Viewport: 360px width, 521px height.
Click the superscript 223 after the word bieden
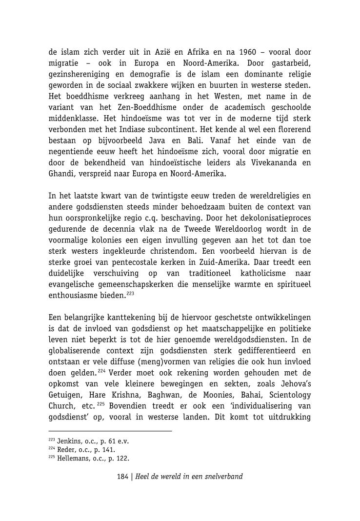(130, 294)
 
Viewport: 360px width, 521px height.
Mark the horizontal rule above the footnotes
(110, 431)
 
